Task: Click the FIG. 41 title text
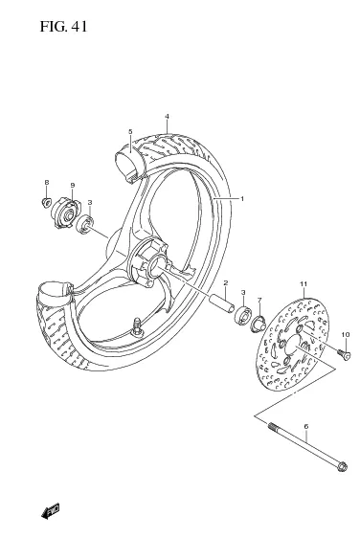point(64,26)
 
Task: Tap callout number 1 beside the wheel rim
point(242,198)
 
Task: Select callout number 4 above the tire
point(166,118)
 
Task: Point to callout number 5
point(129,132)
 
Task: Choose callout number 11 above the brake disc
point(303,285)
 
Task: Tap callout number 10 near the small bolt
point(346,334)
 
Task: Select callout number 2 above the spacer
point(225,283)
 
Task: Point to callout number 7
point(259,300)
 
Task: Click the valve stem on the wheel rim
point(139,325)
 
